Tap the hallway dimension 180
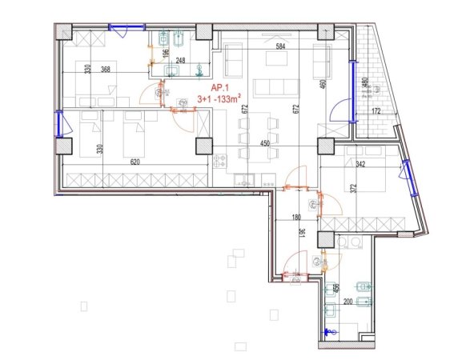pos(295,216)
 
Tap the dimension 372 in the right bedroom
pos(352,190)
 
